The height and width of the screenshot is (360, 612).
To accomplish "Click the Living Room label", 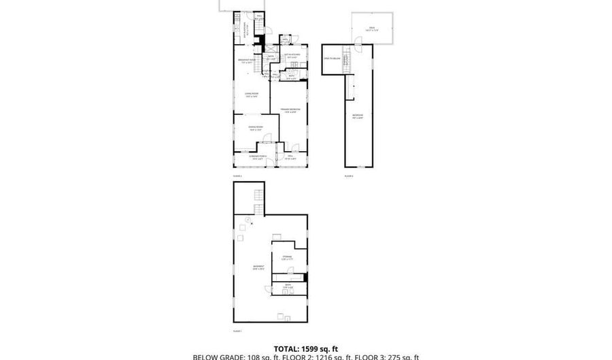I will point(251,95).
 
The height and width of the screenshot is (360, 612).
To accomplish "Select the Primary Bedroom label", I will point(290,110).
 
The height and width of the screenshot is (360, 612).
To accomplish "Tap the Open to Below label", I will point(333,59).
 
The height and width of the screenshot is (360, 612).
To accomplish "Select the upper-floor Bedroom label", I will point(358,116).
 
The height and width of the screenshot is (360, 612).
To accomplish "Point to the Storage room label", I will point(287,257).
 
